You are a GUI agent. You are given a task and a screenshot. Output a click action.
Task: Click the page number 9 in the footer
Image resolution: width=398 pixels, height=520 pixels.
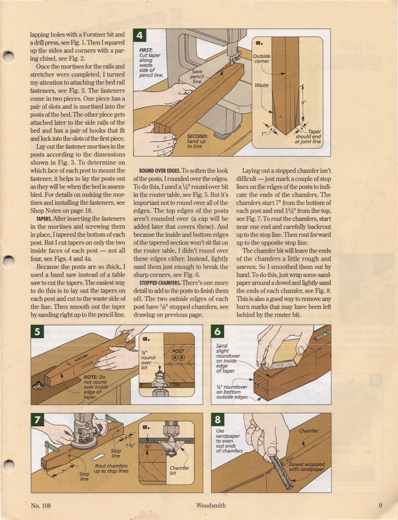(x=379, y=505)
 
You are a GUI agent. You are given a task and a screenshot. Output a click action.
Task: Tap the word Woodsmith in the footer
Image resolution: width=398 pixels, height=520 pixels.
(x=211, y=505)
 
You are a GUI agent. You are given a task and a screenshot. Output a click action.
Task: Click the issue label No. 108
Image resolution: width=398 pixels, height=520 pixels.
(x=41, y=505)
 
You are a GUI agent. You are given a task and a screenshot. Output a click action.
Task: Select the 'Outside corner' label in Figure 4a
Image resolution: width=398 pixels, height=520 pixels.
(x=262, y=58)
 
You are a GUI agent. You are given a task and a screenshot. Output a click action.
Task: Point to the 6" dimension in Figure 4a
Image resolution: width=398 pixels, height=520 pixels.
(x=303, y=102)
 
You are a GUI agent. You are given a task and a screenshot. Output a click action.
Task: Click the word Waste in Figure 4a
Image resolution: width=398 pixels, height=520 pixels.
(x=262, y=86)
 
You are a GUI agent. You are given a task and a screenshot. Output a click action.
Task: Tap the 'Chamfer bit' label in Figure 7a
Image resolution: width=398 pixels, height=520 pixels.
(x=180, y=471)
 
